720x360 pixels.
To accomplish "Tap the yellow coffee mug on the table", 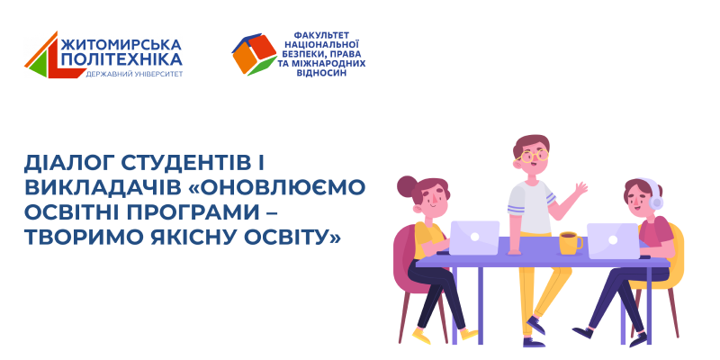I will coord(569,243).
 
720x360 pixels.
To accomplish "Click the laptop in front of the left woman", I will coord(474,238).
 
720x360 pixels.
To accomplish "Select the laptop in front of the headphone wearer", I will coord(613,240).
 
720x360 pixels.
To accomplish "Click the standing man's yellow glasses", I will coord(534,155).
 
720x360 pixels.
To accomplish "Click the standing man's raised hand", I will coord(580,189).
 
